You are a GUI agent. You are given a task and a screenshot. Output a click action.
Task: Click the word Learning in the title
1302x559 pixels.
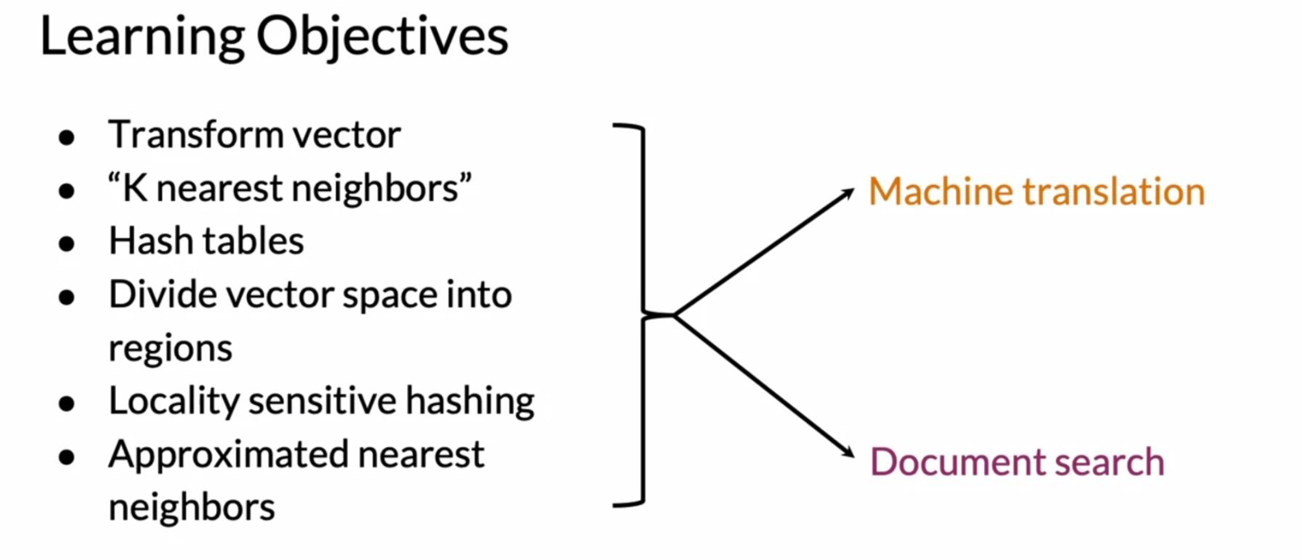142,38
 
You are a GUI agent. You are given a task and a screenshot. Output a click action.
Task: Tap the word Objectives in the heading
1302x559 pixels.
383,38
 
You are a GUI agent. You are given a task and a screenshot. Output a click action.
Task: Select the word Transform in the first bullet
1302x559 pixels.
195,134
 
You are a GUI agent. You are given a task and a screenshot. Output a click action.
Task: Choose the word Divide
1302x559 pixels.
163,295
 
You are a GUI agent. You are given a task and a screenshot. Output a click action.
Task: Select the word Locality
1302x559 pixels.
174,402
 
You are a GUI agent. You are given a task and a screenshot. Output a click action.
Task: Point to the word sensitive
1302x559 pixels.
323,401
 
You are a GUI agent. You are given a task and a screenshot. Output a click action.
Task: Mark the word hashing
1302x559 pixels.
470,402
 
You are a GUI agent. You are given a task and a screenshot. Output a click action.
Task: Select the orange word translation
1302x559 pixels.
1114,191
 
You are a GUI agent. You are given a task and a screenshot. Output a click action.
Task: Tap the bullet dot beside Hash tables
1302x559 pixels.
67,244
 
